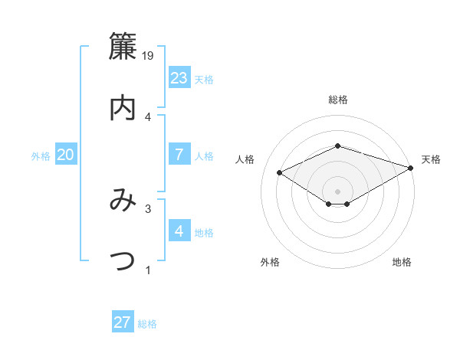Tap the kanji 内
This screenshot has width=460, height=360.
123,108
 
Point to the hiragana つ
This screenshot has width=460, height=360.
123,261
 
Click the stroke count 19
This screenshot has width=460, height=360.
149,56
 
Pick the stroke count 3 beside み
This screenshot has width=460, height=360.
148,208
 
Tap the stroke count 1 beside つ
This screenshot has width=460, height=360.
148,269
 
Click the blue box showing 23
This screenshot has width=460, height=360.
179,78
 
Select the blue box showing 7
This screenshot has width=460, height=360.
179,155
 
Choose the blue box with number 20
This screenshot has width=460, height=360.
66,155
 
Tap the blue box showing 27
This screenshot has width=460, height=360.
123,322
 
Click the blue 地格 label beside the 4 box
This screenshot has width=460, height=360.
204,233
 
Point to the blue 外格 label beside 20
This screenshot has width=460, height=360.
41,156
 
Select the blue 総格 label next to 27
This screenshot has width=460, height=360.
147,324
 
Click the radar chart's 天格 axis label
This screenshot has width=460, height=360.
431,159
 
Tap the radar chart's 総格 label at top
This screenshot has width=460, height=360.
337,100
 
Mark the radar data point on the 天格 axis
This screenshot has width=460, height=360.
411,168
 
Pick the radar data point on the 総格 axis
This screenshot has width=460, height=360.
337,146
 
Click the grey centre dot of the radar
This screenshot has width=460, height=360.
337,191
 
